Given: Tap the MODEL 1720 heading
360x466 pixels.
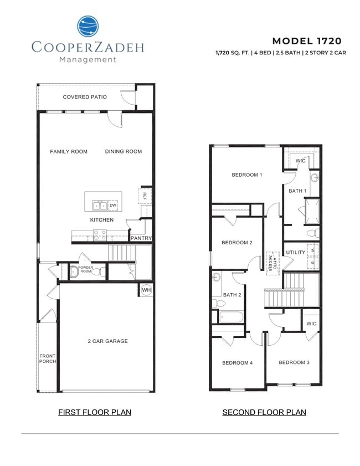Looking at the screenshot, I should click(x=307, y=41).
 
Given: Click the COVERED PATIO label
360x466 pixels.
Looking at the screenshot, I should click(x=85, y=97).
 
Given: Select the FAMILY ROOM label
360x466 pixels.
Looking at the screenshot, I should click(x=69, y=151).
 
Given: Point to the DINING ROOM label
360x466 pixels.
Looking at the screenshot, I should click(x=124, y=151).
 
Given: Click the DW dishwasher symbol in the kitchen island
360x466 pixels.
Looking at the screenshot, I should click(x=113, y=206).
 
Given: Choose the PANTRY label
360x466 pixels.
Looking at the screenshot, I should click(x=141, y=238).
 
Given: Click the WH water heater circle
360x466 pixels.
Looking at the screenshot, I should click(x=146, y=290).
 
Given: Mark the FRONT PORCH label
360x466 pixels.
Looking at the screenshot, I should click(x=47, y=359).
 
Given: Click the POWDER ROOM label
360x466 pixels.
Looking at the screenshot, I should click(x=85, y=269).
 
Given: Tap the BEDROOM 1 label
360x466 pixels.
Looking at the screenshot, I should click(x=246, y=175).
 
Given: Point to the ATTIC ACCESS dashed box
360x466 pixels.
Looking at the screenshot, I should click(x=271, y=263).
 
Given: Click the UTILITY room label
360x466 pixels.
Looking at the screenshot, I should click(x=296, y=253).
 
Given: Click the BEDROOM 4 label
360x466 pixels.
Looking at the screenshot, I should click(x=237, y=363).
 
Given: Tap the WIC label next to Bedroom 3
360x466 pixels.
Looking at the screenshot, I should click(x=311, y=324).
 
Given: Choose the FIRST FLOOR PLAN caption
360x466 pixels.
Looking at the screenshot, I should click(x=95, y=412).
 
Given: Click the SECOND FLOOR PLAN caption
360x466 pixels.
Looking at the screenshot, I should click(x=264, y=412).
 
